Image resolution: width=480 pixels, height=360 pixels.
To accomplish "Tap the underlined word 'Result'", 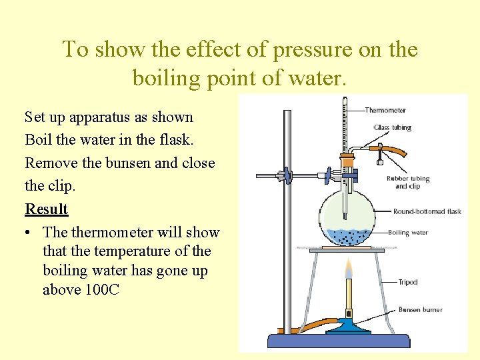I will (x=47, y=209).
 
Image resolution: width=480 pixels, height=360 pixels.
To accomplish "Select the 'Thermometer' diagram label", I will (x=385, y=110).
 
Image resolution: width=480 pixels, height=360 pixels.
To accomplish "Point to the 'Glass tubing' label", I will (x=393, y=127).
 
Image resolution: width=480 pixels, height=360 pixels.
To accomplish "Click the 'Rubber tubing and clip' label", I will (x=408, y=182).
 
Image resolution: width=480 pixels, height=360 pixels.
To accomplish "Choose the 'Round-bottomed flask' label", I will (x=427, y=211).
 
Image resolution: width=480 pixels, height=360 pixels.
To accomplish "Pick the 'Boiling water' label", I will (x=408, y=233).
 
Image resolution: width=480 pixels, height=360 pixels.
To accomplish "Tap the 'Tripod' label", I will (x=407, y=282).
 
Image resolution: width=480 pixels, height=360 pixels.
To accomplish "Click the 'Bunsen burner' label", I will (x=420, y=309).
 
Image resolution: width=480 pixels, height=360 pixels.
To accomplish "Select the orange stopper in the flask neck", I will (x=347, y=161).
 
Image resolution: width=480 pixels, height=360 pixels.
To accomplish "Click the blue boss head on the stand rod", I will (x=287, y=176).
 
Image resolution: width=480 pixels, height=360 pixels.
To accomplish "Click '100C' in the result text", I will (x=103, y=290).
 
